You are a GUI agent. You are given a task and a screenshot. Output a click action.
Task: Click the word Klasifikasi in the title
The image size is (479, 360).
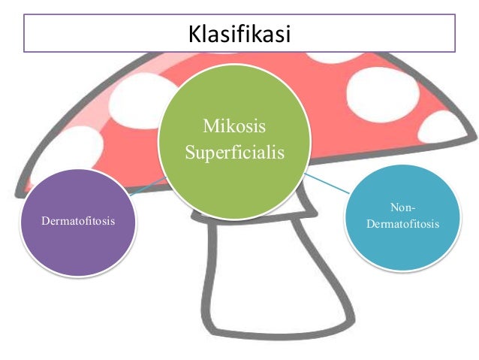tap(239, 34)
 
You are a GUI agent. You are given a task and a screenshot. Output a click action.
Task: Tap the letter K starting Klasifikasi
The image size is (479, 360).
tap(194, 34)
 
